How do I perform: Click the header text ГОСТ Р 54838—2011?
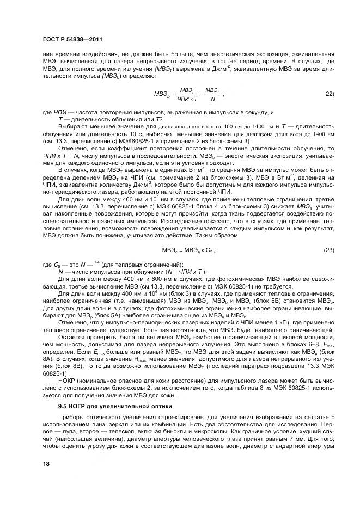[72, 40]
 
